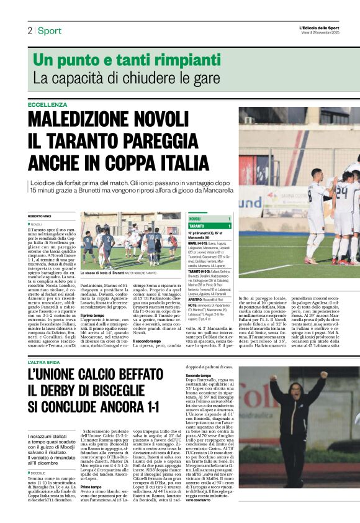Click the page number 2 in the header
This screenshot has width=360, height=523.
click(x=30, y=30)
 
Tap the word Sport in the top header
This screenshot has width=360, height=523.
click(x=49, y=30)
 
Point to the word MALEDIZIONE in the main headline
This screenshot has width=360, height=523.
click(x=84, y=119)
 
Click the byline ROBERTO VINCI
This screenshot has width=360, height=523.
click(x=40, y=216)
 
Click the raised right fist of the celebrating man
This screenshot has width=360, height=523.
click(x=323, y=375)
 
